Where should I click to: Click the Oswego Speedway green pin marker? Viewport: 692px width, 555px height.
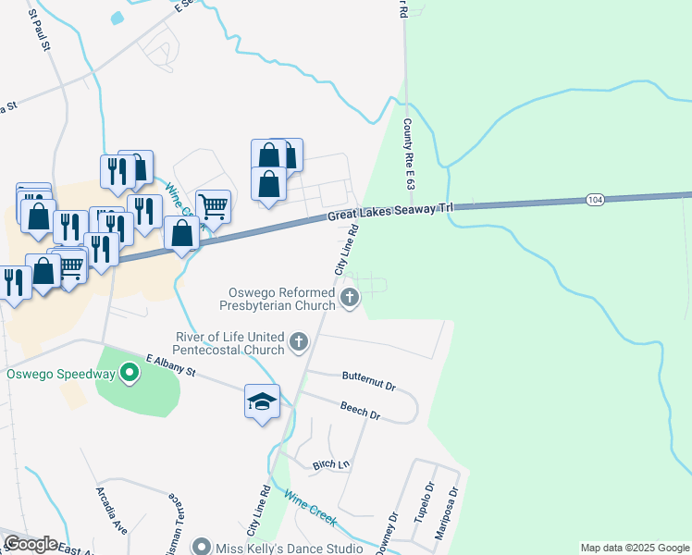tap(130, 374)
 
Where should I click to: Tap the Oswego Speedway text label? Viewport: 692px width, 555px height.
tap(60, 375)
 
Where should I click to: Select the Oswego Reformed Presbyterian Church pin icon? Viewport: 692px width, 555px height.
tap(350, 297)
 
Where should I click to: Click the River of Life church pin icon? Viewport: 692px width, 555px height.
tap(298, 342)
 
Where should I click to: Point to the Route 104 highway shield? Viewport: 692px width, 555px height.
tap(595, 200)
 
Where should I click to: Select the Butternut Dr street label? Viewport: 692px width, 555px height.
tap(368, 378)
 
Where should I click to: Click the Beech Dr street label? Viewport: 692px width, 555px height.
tap(361, 411)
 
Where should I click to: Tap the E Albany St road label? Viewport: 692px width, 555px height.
tap(171, 365)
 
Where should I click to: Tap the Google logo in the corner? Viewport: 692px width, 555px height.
tap(30, 544)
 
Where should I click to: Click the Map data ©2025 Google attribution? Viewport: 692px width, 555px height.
tap(635, 548)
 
